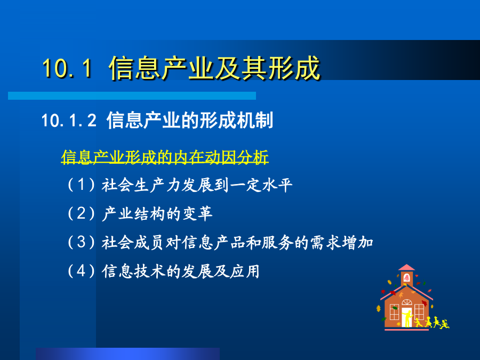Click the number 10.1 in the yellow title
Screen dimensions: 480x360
tap(67, 68)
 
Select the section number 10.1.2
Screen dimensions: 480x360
tap(69, 120)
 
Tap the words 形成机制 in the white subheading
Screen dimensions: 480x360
tap(236, 120)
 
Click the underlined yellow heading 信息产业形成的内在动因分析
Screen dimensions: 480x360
tap(165, 157)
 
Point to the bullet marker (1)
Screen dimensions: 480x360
tap(81, 185)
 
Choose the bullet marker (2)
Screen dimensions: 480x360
tap(81, 213)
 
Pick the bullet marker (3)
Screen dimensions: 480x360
tap(81, 242)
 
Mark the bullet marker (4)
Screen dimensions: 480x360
tap(81, 271)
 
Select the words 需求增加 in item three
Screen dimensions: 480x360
tap(342, 243)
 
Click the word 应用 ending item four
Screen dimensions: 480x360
tap(245, 271)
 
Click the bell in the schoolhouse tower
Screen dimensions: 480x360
tap(406, 278)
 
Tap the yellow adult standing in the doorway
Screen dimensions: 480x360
tap(408, 319)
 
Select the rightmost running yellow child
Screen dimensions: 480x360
tap(445, 324)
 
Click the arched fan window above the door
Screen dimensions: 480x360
tap(407, 302)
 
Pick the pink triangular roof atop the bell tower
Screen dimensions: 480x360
tap(406, 267)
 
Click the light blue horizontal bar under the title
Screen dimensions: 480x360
tap(132, 96)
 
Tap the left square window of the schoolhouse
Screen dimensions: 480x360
tap(394, 311)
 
